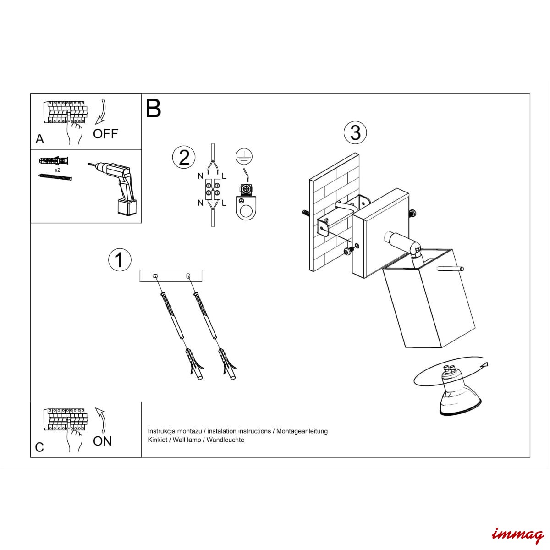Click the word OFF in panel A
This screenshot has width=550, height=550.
pos(105,133)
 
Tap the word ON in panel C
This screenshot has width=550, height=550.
pos(102,441)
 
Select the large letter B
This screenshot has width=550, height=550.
pos(153,109)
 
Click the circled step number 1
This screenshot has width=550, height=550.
pos(120,260)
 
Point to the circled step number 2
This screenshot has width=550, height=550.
pos(184,157)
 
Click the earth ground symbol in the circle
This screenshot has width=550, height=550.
pos(244,157)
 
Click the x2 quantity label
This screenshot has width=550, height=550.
pos(57,170)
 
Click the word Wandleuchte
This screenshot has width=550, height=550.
pos(225,440)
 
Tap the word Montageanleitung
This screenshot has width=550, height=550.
pos(302,431)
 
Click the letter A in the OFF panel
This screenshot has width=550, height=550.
pos(40,139)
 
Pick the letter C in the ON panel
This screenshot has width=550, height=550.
pos(39,447)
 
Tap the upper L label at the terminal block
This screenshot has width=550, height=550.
pos(224,176)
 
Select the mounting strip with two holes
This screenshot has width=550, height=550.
pos(170,276)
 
